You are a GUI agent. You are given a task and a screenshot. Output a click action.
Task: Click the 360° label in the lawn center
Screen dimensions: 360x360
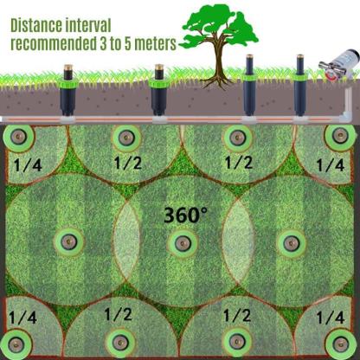[185, 215]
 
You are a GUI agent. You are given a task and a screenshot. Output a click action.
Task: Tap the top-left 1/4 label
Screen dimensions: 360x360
[28, 164]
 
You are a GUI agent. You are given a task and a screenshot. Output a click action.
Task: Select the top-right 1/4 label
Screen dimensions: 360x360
[331, 165]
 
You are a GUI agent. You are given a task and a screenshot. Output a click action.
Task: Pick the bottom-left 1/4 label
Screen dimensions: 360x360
[22, 318]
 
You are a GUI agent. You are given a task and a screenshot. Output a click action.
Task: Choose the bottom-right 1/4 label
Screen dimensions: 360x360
[331, 318]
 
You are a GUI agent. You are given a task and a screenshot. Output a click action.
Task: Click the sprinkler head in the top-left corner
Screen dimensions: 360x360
[18, 137]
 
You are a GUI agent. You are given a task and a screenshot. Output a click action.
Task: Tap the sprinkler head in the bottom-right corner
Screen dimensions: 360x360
[340, 344]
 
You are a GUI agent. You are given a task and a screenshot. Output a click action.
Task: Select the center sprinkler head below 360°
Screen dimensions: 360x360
[183, 243]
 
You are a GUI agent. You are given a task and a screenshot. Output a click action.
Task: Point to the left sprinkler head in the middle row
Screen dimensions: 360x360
[68, 241]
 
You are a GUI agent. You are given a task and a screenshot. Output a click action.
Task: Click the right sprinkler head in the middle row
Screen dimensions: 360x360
[292, 243]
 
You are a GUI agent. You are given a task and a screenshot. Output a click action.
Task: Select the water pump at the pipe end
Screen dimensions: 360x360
[339, 65]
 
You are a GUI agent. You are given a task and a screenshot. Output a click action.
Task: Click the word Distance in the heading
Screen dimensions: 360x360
[36, 25]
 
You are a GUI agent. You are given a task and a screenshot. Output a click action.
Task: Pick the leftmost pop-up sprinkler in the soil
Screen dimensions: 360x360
[68, 91]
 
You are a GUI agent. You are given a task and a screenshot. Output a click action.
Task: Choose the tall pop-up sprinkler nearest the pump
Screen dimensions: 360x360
[300, 86]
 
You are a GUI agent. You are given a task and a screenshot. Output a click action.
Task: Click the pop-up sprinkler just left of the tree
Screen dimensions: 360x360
[159, 91]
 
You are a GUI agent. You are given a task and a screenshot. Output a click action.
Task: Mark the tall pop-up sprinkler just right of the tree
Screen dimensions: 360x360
[249, 86]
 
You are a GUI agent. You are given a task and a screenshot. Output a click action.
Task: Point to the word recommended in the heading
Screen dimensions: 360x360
[53, 43]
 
